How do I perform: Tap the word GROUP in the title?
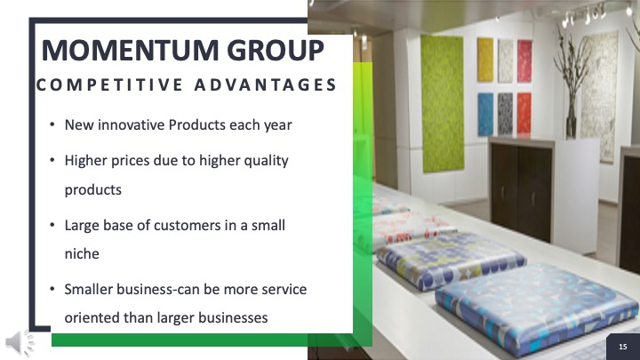coord(275,50)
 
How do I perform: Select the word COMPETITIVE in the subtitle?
coord(109,85)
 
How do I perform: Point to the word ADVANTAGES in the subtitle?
coord(265,85)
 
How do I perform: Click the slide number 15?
coord(623,347)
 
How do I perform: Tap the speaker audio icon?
coord(20,343)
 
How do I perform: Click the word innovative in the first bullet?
coord(131,124)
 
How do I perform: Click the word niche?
coord(82,253)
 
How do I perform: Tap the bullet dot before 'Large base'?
coord(52,225)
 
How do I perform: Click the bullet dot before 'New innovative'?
coord(52,124)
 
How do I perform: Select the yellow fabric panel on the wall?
coord(485,60)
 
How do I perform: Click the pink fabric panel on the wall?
coord(524,61)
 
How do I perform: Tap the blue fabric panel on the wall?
coord(485,115)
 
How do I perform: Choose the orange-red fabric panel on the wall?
coord(524,113)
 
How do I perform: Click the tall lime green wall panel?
coord(443,104)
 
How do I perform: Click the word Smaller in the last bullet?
coord(89,289)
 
